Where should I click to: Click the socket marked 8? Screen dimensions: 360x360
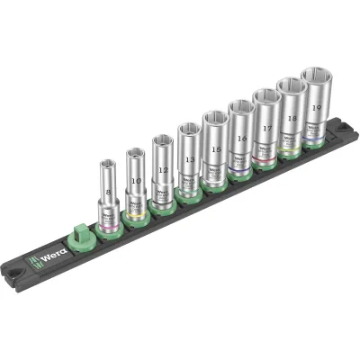coord(108,193)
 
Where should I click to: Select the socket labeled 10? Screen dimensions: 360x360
coord(135,180)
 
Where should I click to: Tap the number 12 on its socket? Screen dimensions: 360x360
coord(162,168)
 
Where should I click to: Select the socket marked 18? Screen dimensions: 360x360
coord(291,117)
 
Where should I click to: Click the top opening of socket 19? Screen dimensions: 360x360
coord(318,76)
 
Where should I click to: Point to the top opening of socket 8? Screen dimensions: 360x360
coord(107,165)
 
